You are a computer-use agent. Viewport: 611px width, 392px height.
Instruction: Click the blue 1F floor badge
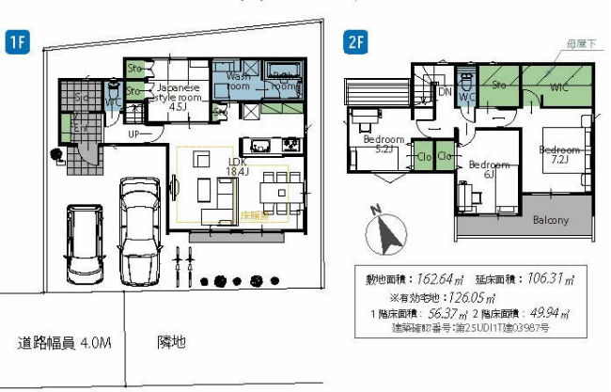point(18,40)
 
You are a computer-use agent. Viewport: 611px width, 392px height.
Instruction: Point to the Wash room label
point(238,80)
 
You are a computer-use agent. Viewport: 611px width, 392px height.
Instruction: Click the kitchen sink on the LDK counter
point(260,146)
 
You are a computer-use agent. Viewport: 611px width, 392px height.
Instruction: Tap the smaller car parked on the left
point(83,242)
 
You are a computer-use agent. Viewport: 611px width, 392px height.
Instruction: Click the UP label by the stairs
point(135,134)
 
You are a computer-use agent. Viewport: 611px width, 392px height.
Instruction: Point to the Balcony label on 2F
point(551,220)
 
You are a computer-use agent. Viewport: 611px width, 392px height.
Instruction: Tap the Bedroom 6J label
point(488,170)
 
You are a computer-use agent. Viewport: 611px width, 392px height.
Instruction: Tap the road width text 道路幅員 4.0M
point(65,342)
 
